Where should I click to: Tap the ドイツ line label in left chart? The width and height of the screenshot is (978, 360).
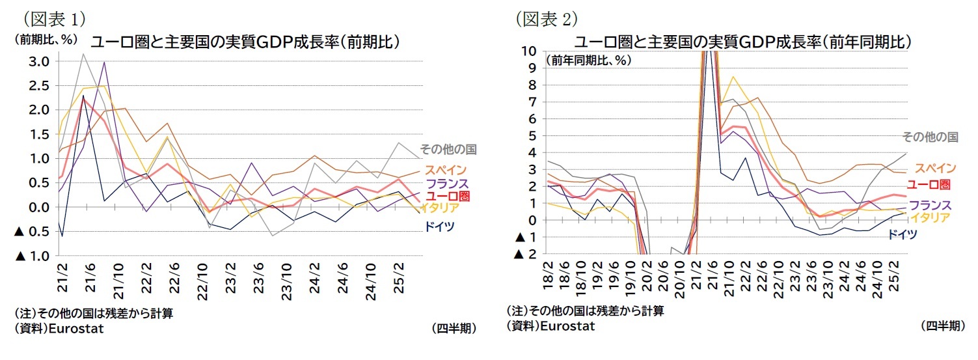pyautogui.click(x=440, y=227)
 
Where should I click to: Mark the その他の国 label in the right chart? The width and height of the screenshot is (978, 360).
pyautogui.click(x=929, y=137)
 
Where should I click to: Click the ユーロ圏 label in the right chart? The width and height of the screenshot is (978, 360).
pyautogui.click(x=929, y=184)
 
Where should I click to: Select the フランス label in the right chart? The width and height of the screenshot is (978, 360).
pyautogui.click(x=930, y=204)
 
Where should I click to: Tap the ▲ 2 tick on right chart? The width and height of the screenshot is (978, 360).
pyautogui.click(x=526, y=254)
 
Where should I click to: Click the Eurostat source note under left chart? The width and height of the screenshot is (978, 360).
pyautogui.click(x=59, y=328)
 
